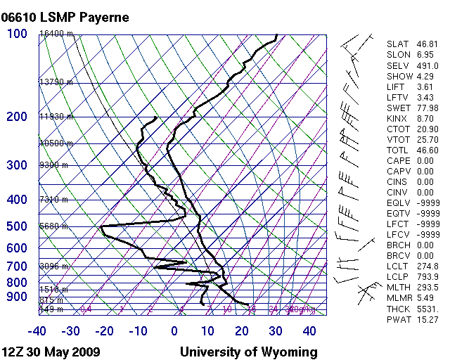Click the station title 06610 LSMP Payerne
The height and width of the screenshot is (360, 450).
[66, 17]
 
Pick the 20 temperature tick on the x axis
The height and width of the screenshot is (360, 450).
[242, 330]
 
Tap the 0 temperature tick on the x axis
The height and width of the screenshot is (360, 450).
[174, 330]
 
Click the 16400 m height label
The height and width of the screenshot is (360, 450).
[56, 34]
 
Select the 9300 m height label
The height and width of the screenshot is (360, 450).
[53, 165]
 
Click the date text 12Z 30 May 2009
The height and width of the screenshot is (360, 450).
[51, 352]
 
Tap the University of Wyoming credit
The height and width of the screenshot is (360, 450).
[249, 352]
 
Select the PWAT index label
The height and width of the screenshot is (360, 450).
[397, 319]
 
